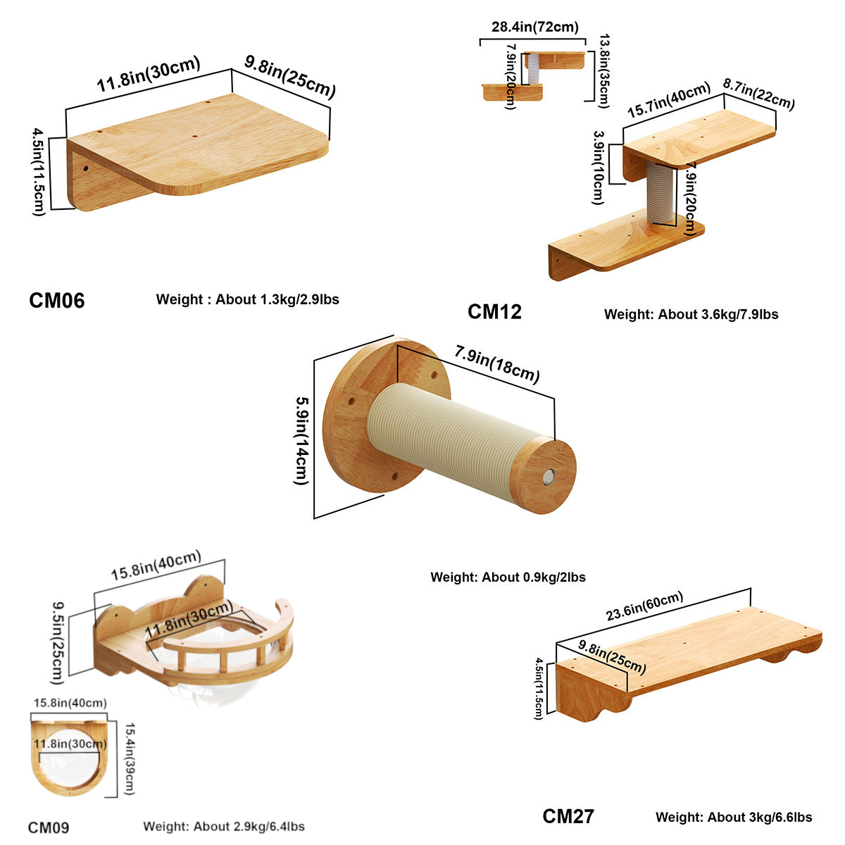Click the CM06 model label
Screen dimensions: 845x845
tap(56, 301)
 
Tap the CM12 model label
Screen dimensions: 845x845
tap(494, 312)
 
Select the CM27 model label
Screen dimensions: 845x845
tap(568, 816)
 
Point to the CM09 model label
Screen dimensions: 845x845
tap(49, 827)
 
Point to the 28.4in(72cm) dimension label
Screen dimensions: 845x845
tap(535, 27)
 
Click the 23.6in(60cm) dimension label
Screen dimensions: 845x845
tap(644, 606)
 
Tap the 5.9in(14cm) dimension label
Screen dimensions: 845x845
tap(301, 441)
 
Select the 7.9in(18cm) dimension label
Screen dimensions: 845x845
tap(497, 363)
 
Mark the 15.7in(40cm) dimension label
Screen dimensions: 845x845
tap(668, 101)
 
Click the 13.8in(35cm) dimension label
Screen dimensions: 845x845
tap(603, 71)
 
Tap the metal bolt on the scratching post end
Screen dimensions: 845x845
tap(548, 477)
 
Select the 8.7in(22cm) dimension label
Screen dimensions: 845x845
tap(759, 94)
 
